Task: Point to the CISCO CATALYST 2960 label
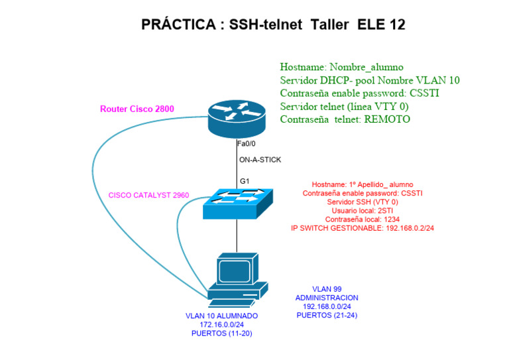click(149, 196)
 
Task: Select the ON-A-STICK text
click(260, 160)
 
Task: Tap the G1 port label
click(245, 180)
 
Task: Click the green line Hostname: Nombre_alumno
click(341, 67)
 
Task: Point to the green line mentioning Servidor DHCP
click(370, 80)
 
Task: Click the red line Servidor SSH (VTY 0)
click(363, 202)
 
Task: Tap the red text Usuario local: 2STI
click(363, 210)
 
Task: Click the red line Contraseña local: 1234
click(363, 219)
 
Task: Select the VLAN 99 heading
click(326, 289)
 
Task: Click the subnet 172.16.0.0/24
click(222, 325)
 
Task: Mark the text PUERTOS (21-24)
click(327, 315)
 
